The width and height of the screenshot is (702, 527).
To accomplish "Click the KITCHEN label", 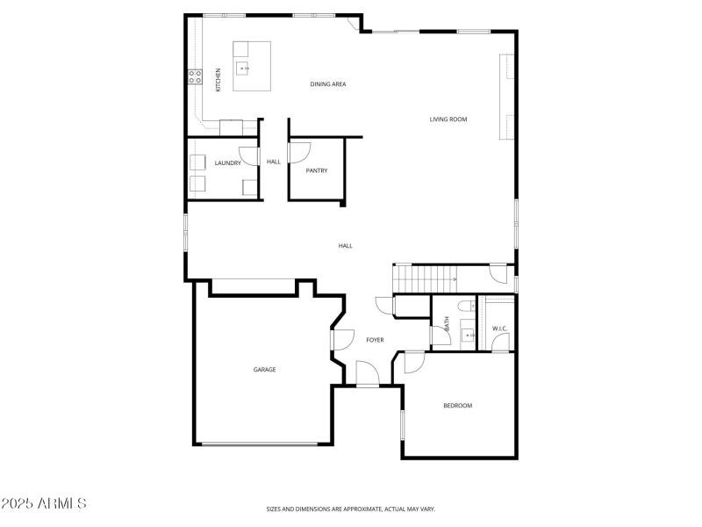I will (x=218, y=79).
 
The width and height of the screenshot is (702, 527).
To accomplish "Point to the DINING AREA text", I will (x=328, y=84).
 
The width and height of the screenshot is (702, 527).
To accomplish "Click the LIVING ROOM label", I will (x=448, y=119).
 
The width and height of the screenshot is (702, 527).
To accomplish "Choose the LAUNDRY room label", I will (x=227, y=162).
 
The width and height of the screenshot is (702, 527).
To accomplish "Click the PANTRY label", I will (x=317, y=170).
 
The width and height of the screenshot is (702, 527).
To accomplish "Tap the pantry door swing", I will (x=297, y=152).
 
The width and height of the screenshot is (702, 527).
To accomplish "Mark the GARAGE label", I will (x=264, y=370).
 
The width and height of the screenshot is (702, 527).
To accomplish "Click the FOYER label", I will (x=375, y=340).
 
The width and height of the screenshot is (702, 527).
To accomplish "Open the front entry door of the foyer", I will (x=368, y=375).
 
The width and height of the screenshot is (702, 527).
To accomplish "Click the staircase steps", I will (x=425, y=278).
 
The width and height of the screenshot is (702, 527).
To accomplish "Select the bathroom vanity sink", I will (x=469, y=335).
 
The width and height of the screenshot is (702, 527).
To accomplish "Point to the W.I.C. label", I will (x=499, y=328).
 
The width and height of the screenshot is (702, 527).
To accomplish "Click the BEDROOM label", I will (x=457, y=406).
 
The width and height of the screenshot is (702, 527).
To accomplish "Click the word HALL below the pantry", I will (x=345, y=246).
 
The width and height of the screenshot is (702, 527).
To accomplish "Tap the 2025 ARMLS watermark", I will (x=44, y=503).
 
